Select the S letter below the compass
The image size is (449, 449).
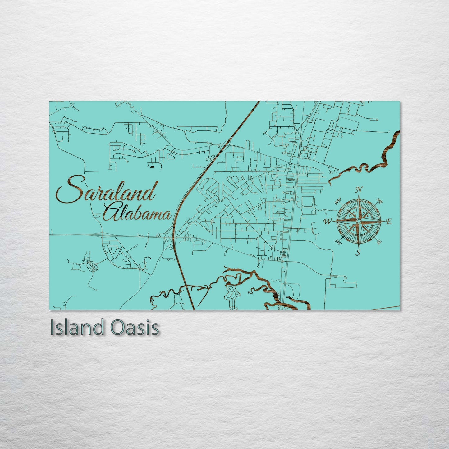pyautogui.click(x=358, y=252)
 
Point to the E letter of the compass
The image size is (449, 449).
pyautogui.click(x=388, y=222)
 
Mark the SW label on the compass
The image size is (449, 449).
pyautogui.click(x=338, y=242)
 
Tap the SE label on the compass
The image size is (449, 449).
pyautogui.click(x=379, y=241)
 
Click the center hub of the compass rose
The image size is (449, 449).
pyautogui.click(x=358, y=221)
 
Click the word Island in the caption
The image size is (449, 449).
pyautogui.click(x=76, y=328)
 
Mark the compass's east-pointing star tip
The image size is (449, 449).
pyautogui.click(x=383, y=221)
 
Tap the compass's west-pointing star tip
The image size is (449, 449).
pyautogui.click(x=333, y=221)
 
